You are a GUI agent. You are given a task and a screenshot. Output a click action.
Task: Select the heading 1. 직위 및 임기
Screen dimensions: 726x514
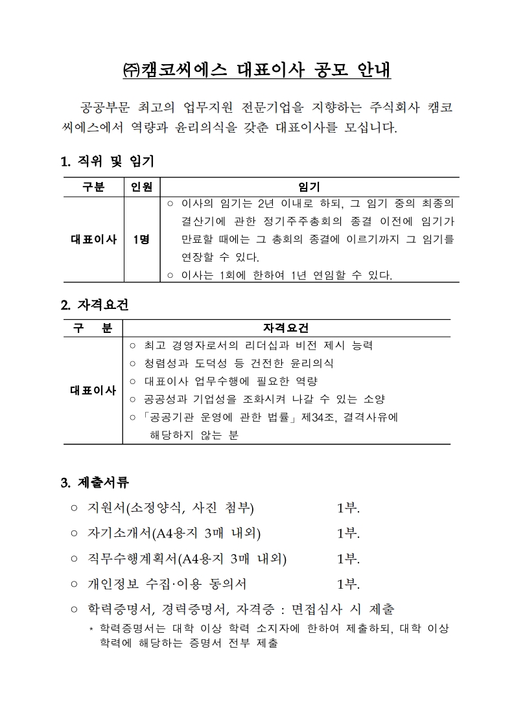(x=107, y=161)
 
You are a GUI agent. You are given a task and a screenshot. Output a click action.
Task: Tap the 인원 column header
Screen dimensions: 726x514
(x=141, y=187)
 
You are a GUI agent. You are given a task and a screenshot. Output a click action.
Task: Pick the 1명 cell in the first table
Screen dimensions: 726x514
(x=141, y=240)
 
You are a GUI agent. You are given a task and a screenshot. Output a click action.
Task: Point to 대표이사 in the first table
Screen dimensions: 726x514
(x=93, y=240)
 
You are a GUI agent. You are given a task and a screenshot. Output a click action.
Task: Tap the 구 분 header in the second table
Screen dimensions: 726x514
(x=93, y=328)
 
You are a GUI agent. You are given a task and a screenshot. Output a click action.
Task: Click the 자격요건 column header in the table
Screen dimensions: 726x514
(x=286, y=328)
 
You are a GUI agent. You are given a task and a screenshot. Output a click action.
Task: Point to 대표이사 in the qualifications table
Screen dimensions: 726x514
(x=93, y=390)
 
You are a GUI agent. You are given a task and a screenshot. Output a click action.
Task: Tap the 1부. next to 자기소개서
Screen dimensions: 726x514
(x=348, y=534)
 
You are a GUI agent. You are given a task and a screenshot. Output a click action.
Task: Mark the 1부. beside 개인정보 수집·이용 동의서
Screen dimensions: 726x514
(x=348, y=584)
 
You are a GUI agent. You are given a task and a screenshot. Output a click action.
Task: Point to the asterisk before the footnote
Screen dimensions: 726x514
(x=91, y=630)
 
